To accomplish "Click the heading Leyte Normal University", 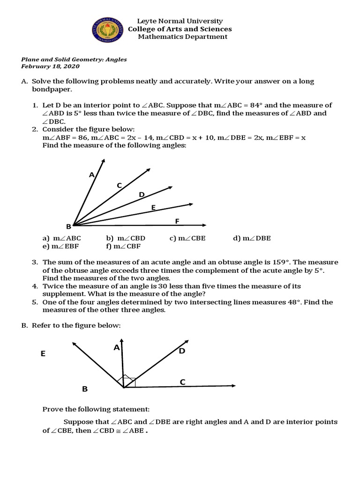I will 180,21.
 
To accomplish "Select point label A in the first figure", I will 91,175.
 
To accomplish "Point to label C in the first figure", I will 119,186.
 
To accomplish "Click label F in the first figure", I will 177,221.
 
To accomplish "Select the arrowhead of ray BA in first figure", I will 104,160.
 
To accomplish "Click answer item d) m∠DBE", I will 252,238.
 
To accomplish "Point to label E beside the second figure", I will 43,354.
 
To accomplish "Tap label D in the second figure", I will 182,351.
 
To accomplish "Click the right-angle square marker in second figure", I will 130,382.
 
